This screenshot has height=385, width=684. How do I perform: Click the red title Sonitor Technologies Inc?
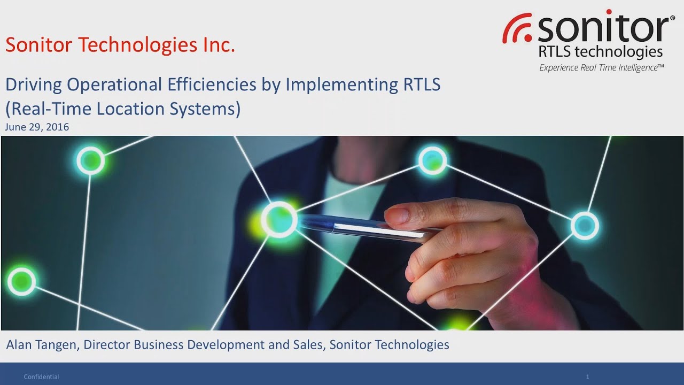[x=120, y=45]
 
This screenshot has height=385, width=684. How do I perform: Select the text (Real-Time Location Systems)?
[x=123, y=109]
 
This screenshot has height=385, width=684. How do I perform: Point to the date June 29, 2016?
[x=37, y=127]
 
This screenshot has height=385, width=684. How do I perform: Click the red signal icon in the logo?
[x=516, y=30]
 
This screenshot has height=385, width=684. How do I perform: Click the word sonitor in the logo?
[x=603, y=29]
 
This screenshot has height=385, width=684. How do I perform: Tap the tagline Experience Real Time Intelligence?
[x=601, y=67]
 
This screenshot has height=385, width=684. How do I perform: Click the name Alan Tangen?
[x=42, y=345]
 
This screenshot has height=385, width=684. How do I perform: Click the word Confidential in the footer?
[x=41, y=377]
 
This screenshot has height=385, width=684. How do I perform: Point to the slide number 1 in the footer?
[x=587, y=377]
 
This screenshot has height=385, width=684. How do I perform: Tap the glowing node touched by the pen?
[x=278, y=218]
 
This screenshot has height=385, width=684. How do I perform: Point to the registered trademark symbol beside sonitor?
[x=672, y=18]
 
